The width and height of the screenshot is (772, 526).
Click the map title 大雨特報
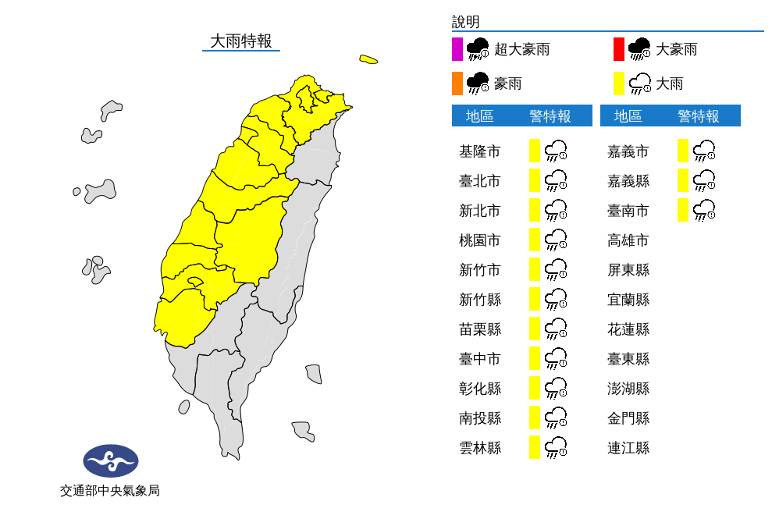(241, 41)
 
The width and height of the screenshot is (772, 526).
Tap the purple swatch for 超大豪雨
(457, 49)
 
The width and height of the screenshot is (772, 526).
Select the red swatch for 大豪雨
(619, 49)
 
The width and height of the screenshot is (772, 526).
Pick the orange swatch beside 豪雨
(457, 83)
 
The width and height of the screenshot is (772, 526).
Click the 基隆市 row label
(479, 151)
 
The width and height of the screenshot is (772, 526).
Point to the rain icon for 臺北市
(555, 181)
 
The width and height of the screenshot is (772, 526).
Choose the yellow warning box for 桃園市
(535, 240)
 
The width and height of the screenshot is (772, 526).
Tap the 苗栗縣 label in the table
(479, 329)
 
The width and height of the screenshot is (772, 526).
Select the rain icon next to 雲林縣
(555, 447)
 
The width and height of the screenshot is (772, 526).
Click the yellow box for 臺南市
(683, 210)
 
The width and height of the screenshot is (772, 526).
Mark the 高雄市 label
(628, 240)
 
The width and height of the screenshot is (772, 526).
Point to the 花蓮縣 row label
(628, 329)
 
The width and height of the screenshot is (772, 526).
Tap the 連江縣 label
(628, 448)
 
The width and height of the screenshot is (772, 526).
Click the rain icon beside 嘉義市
(704, 151)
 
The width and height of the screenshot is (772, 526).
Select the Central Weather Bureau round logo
(111, 461)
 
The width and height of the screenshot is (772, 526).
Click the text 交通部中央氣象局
(110, 491)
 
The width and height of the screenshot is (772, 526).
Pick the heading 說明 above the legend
(465, 22)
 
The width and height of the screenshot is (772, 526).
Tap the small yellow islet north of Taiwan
(368, 59)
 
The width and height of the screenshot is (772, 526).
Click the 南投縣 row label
(479, 418)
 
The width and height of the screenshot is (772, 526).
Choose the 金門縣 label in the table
(628, 418)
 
